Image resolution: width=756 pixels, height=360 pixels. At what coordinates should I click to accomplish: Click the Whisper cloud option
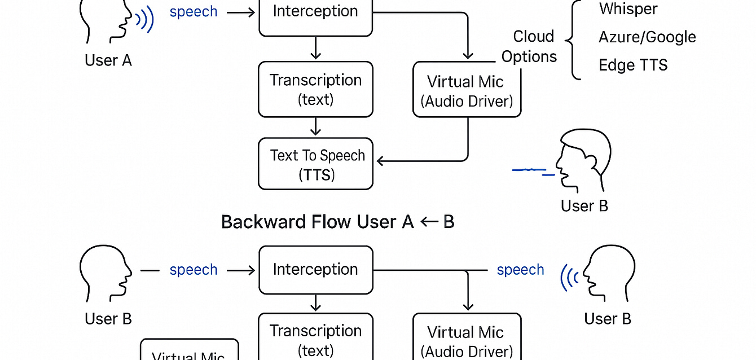pyautogui.click(x=628, y=10)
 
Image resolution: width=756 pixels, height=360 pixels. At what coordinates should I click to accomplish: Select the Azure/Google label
pyautogui.click(x=647, y=37)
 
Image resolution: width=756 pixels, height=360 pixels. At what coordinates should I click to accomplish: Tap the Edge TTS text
pyautogui.click(x=633, y=65)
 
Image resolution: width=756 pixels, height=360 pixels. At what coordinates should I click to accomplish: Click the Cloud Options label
pyautogui.click(x=529, y=46)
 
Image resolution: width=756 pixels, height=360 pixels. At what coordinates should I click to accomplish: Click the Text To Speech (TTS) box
pyautogui.click(x=315, y=164)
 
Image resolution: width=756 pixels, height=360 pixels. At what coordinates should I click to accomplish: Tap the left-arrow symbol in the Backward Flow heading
pyautogui.click(x=429, y=222)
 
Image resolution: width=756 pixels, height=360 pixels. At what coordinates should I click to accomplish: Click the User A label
pyautogui.click(x=108, y=60)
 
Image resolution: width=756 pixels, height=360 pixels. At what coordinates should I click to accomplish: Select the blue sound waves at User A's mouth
pyautogui.click(x=145, y=20)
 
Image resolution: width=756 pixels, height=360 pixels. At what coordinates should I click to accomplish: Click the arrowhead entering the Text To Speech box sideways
pyautogui.click(x=380, y=161)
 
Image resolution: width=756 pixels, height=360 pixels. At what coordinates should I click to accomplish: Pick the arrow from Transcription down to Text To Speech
pyautogui.click(x=316, y=126)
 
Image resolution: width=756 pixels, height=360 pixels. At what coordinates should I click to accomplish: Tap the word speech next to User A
pyautogui.click(x=194, y=12)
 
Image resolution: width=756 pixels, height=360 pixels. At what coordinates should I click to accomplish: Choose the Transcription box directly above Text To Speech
pyautogui.click(x=315, y=89)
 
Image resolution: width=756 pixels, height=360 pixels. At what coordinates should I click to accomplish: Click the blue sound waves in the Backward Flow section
pyautogui.click(x=570, y=278)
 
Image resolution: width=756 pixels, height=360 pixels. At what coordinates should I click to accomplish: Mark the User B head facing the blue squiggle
pyautogui.click(x=584, y=161)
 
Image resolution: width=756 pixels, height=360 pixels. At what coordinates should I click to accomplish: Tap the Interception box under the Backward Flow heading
pyautogui.click(x=315, y=270)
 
